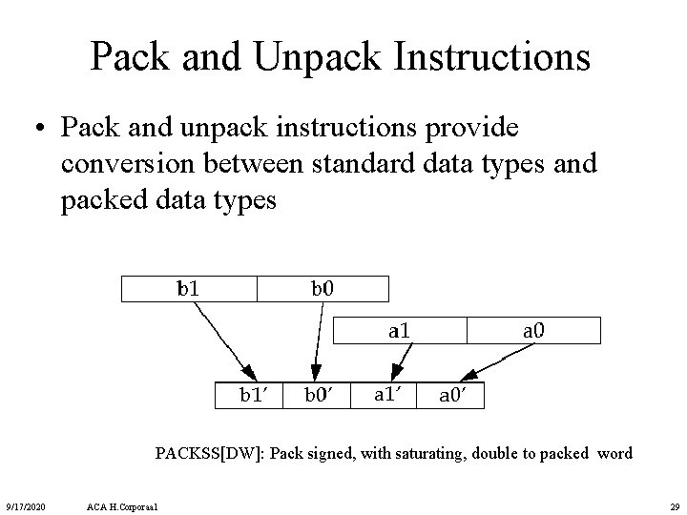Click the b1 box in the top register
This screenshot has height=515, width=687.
189,288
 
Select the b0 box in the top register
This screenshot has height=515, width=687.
323,288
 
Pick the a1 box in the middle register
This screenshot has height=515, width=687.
399,331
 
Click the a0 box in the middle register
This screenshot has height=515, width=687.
533,331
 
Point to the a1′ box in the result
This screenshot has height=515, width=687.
385,395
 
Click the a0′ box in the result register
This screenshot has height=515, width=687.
450,395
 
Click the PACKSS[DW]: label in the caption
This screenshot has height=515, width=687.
210,453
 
